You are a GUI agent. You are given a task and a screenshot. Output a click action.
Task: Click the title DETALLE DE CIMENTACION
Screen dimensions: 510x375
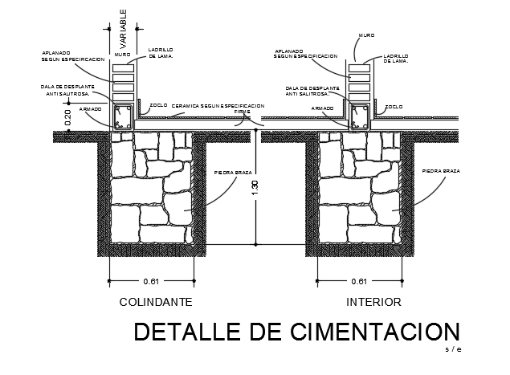[x=296, y=332]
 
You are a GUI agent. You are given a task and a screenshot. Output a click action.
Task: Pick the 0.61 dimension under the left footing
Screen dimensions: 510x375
[x=152, y=282]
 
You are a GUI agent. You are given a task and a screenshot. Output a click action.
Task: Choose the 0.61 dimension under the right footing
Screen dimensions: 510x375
[x=359, y=282]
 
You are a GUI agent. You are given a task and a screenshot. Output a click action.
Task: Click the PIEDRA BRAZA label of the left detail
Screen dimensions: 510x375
[x=230, y=172]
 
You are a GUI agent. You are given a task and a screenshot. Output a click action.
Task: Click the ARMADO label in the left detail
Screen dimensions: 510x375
[x=90, y=108]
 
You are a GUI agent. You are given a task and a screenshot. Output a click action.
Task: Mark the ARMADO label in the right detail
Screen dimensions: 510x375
[x=322, y=107]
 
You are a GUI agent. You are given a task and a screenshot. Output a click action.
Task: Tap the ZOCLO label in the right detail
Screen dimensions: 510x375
[x=394, y=106]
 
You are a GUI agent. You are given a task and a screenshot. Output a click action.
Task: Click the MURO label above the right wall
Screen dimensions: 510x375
[x=365, y=35]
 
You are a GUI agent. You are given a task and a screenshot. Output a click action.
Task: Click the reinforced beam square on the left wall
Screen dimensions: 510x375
[x=124, y=118]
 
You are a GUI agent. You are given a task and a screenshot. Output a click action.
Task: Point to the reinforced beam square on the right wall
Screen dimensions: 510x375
[x=359, y=118]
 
